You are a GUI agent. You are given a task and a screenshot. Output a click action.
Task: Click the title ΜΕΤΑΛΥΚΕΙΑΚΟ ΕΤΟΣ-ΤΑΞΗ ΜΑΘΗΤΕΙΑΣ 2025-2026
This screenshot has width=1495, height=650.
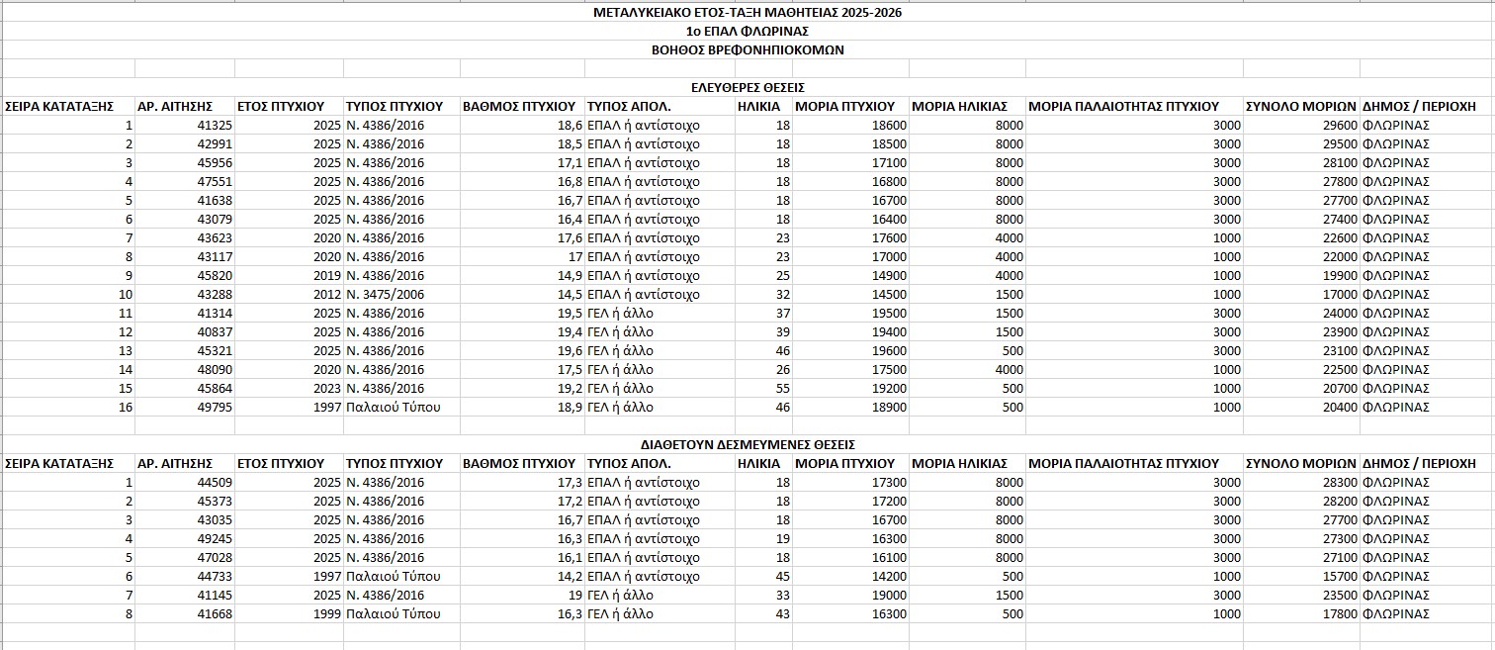pyautogui.click(x=747, y=13)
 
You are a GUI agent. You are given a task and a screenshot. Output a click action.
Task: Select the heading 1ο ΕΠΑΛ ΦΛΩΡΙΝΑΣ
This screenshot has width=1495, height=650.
pyautogui.click(x=747, y=32)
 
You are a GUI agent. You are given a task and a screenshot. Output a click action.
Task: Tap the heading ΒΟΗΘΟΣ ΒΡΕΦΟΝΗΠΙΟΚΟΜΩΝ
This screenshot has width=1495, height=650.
pyautogui.click(x=747, y=49)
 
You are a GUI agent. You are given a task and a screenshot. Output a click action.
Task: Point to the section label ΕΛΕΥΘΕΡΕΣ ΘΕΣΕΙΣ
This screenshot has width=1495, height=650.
pyautogui.click(x=747, y=87)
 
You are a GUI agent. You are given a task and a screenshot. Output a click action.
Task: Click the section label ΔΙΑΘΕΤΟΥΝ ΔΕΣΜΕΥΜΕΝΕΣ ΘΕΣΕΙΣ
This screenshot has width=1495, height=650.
pyautogui.click(x=747, y=444)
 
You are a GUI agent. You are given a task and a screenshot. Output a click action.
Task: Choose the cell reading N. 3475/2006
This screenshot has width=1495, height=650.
pyautogui.click(x=385, y=295)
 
